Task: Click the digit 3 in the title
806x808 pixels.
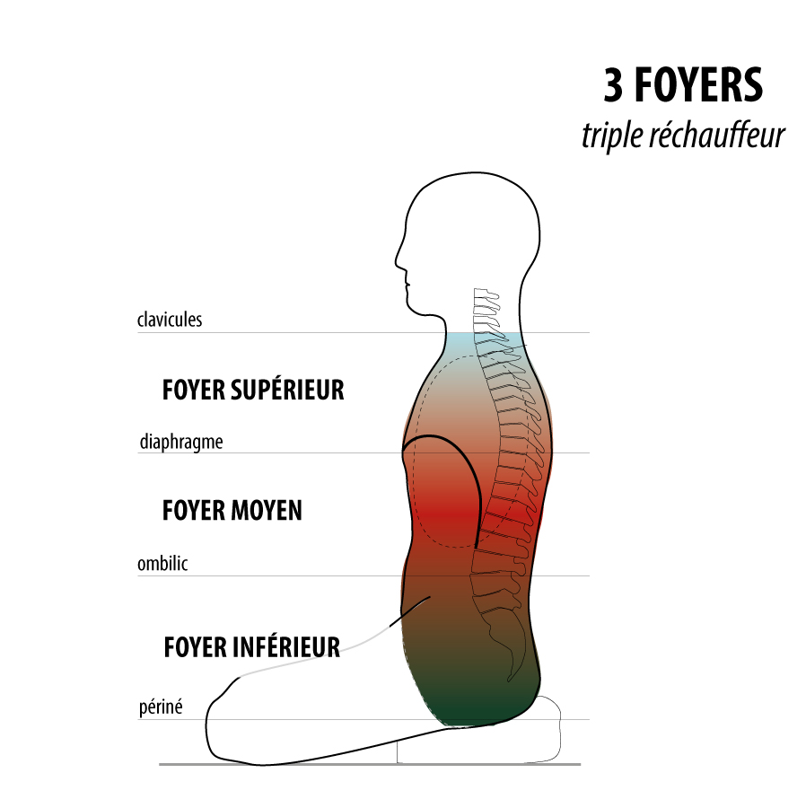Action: point(613,85)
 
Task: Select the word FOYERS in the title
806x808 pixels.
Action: point(698,85)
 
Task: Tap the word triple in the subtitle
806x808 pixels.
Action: point(612,136)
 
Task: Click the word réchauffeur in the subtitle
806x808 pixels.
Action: point(716,135)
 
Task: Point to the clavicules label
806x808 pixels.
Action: point(170,320)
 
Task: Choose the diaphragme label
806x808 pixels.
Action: point(181,442)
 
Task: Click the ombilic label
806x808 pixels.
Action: point(162,563)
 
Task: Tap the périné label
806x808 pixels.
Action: point(161,707)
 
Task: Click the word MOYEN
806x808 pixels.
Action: point(267,510)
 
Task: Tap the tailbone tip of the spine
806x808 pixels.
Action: point(509,680)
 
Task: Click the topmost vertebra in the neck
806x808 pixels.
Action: point(486,294)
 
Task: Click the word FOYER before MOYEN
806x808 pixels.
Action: point(194,510)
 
